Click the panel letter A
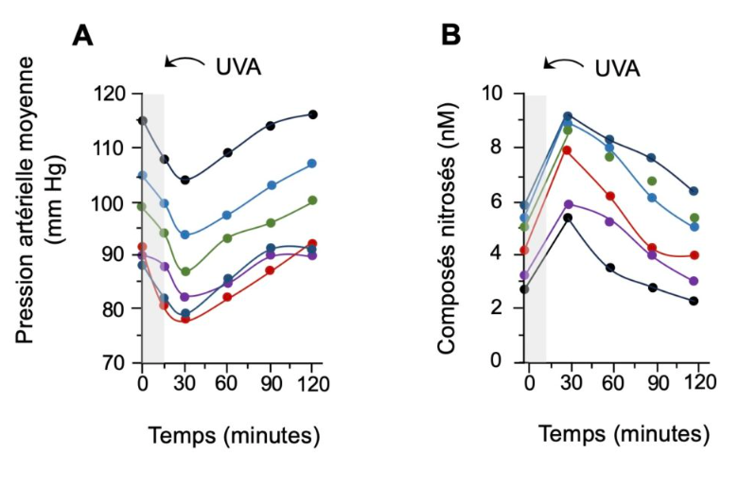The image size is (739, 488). click(82, 36)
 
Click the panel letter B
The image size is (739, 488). click(451, 35)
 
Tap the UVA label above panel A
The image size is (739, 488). click(238, 67)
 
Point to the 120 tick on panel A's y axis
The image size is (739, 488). click(110, 95)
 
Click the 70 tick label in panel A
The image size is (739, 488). click(114, 363)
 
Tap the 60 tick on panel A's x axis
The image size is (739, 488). click(226, 385)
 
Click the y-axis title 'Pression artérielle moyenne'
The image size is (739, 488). click(26, 200)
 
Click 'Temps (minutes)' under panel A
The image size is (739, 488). click(235, 435)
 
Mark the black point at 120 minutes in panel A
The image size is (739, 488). click(312, 114)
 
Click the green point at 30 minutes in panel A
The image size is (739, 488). click(185, 271)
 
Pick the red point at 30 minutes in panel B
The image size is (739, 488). click(567, 150)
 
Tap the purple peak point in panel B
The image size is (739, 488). click(569, 204)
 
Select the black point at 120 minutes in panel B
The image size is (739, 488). click(694, 301)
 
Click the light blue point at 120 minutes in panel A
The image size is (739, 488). click(311, 164)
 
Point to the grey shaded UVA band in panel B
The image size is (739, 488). click(537, 229)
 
